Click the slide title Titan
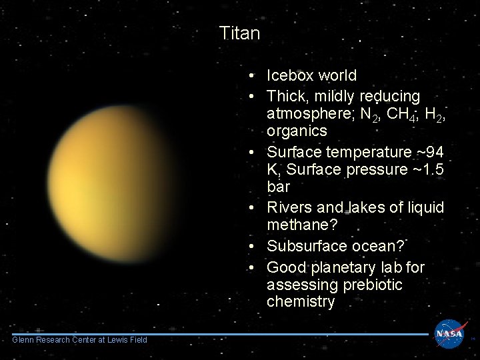(239, 33)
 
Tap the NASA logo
(451, 333)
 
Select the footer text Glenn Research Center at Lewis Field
(79, 340)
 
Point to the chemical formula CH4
(387, 115)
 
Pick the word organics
(297, 131)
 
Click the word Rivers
(288, 207)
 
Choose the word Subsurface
(302, 246)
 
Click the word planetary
(347, 268)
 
